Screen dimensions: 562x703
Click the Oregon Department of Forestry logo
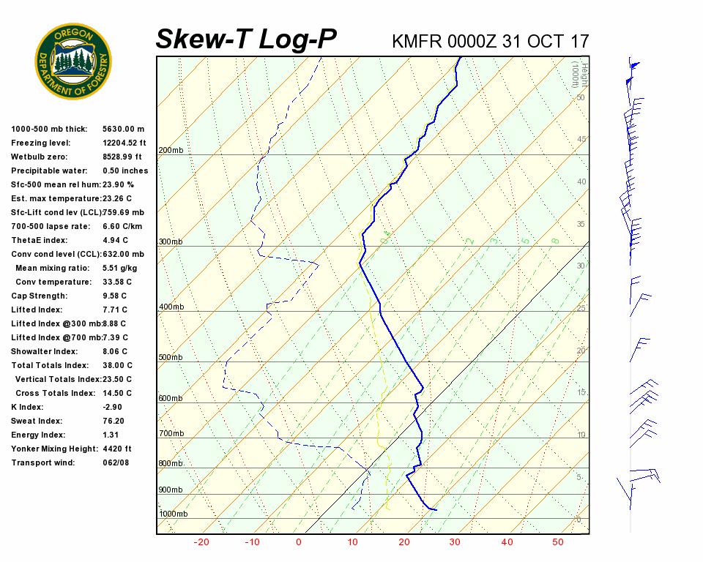point(73,61)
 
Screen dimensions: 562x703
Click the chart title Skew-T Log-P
point(247,40)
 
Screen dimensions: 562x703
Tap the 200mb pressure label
point(171,151)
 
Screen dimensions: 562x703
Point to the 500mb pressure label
point(171,358)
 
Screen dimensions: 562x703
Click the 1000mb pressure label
point(173,514)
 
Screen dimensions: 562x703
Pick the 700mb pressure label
point(171,434)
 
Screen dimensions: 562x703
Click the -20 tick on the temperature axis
point(201,542)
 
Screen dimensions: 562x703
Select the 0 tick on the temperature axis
point(299,542)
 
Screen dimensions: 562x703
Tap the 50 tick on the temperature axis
point(558,542)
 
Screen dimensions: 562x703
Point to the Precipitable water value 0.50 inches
point(125,171)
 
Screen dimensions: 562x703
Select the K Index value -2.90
point(114,407)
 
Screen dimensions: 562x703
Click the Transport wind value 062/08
point(116,462)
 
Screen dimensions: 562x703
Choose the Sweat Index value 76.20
point(114,421)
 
